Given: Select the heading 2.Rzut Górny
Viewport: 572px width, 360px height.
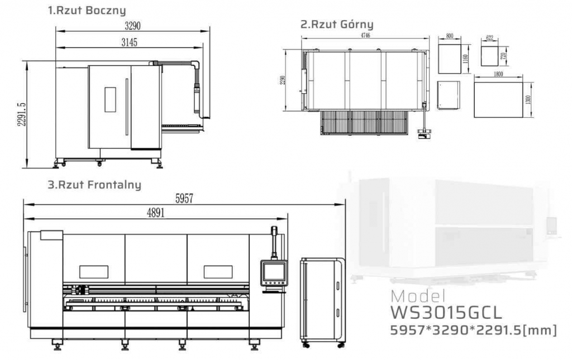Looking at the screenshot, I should (x=336, y=25).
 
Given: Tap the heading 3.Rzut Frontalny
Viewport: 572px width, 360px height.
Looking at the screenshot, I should (x=93, y=184).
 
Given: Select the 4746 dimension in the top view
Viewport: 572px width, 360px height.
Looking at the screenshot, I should (x=366, y=35).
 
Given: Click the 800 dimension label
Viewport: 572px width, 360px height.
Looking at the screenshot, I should (x=450, y=36).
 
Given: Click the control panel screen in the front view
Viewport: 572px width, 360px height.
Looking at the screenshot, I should (x=273, y=272).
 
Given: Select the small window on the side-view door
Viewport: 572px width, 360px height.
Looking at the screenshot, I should (x=110, y=99).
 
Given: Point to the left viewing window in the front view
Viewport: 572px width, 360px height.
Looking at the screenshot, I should (x=93, y=272).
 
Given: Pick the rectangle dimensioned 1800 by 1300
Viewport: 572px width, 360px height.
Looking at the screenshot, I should (x=500, y=99).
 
